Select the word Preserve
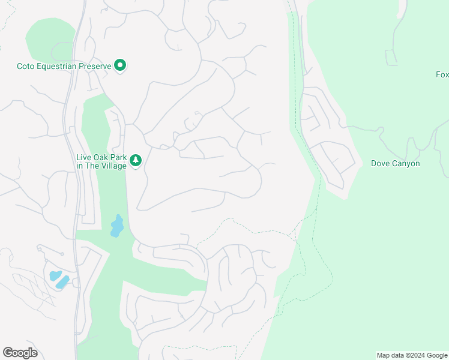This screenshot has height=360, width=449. coord(94,66)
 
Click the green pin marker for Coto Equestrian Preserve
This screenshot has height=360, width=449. coord(120,65)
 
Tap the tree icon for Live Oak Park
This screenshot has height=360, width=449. coord(136,160)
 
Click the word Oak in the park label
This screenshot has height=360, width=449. coord(101,158)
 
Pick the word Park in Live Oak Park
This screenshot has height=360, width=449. coord(119,158)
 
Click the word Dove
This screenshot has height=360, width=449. coord(381,163)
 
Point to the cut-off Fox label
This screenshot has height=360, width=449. coord(442,75)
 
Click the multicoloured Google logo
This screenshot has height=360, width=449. coord(20,353)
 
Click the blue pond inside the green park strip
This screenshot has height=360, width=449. coord(116,226)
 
